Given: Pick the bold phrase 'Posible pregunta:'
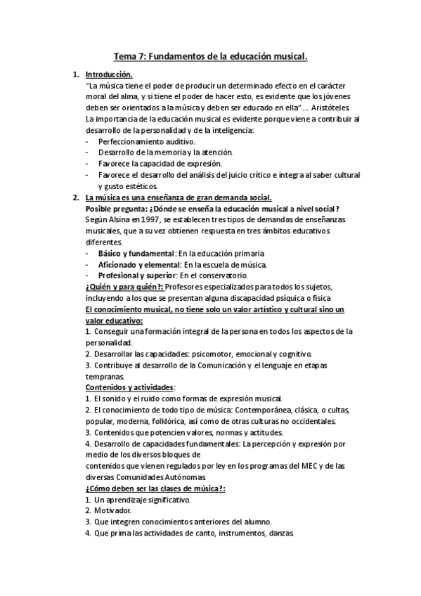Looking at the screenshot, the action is coord(116,209).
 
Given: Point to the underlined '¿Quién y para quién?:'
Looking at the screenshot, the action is coord(124,287).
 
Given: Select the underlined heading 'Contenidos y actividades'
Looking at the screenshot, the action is coord(129,387).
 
